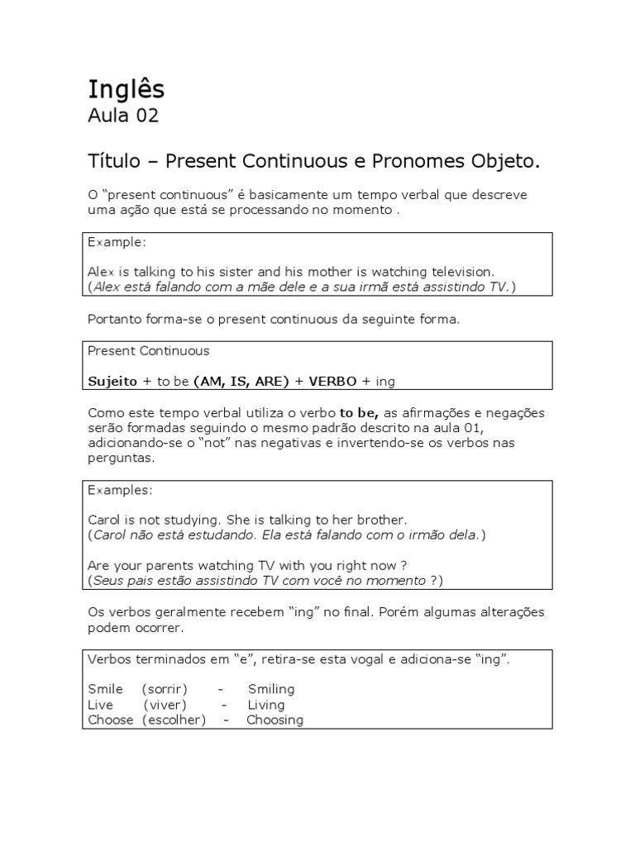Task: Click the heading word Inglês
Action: pos(127,88)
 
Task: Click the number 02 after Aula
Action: pos(147,116)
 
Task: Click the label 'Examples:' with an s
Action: pos(120,490)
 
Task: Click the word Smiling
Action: pos(270,689)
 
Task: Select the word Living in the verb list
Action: pos(265,705)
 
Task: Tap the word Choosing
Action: pos(275,720)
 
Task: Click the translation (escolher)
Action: pos(174,720)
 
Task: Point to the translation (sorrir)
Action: pos(165,689)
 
